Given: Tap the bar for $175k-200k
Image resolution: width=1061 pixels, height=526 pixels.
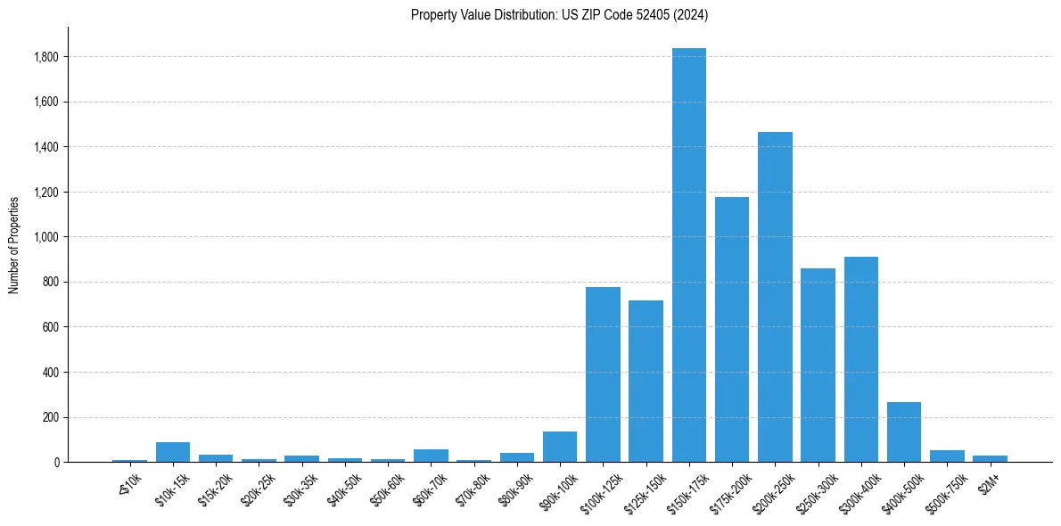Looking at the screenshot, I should [x=732, y=329].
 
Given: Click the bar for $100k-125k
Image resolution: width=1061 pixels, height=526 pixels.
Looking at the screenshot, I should [x=603, y=374].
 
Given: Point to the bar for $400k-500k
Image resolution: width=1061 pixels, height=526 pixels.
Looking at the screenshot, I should [x=904, y=431].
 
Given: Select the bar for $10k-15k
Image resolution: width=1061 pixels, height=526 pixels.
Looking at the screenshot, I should [x=173, y=452].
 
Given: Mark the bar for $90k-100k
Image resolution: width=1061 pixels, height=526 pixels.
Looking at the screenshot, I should [x=560, y=447].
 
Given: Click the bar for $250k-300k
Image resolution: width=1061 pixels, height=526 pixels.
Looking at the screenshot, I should [x=818, y=365].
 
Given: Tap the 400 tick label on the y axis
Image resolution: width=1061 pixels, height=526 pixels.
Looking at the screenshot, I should [x=52, y=372].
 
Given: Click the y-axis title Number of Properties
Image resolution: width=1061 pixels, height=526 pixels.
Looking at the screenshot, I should [x=14, y=244].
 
